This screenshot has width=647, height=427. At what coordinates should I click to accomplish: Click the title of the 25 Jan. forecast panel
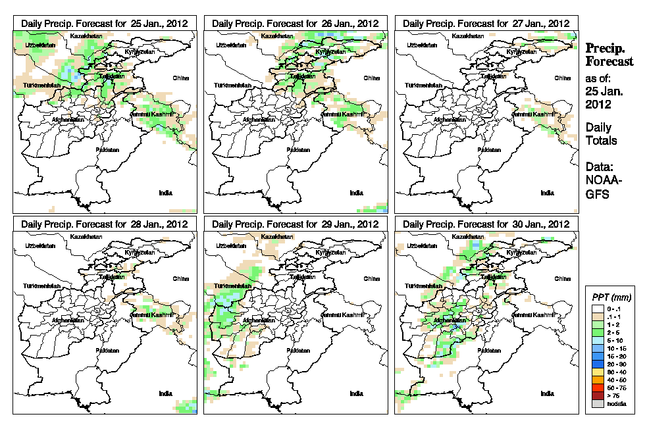[105, 23]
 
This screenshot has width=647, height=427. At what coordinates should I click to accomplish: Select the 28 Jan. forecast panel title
[105, 224]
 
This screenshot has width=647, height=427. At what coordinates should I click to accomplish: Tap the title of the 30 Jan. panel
[486, 224]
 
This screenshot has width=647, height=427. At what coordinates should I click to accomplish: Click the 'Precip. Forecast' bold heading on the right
[609, 55]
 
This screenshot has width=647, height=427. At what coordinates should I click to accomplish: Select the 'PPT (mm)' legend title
[609, 296]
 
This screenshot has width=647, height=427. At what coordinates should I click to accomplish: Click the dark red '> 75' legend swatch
[598, 395]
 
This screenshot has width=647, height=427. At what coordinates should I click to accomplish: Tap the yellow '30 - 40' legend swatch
[598, 372]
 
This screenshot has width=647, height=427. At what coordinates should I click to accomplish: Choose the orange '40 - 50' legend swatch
[598, 380]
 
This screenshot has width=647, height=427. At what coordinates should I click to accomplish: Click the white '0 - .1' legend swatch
[598, 309]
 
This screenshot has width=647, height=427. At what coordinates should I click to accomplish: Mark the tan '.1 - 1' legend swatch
[598, 316]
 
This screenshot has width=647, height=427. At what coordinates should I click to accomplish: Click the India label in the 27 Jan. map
[547, 193]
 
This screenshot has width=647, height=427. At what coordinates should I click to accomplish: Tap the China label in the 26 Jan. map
[371, 78]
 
